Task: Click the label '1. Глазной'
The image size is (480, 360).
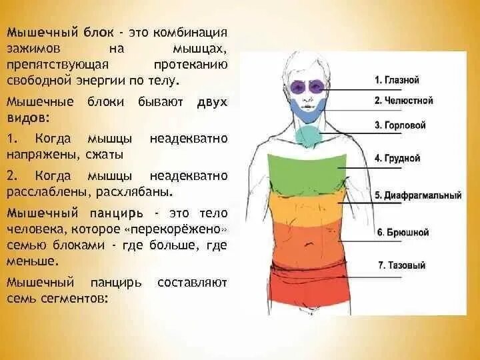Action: tap(397, 80)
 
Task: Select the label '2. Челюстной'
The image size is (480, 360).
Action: tap(403, 101)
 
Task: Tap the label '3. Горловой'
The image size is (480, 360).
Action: tap(400, 125)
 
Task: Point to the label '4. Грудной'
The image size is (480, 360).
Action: tap(397, 159)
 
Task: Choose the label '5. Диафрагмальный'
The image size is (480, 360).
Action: tap(418, 196)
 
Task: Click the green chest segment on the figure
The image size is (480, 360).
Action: tap(307, 173)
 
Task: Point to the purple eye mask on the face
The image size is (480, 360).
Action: tap(308, 87)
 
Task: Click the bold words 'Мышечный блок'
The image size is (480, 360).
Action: tap(47, 33)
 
